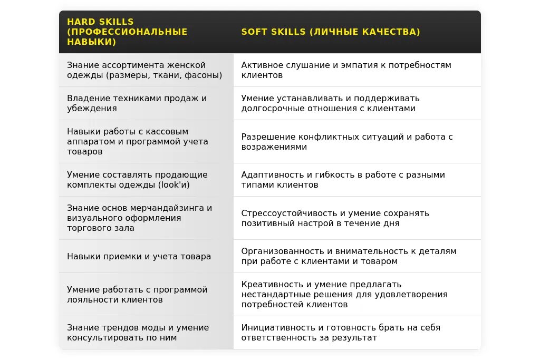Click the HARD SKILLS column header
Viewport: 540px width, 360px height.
(127, 32)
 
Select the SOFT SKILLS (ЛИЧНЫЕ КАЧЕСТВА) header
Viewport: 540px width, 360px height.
(331, 32)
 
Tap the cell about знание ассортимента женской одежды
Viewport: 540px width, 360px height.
(144, 70)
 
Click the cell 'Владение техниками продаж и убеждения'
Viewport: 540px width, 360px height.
(137, 103)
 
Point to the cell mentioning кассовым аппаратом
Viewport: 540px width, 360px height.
(138, 141)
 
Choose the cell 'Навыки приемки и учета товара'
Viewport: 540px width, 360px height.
(139, 257)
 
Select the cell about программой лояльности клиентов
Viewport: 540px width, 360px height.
(137, 295)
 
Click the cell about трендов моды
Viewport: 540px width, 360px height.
(138, 333)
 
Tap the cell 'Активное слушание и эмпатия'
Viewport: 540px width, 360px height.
(346, 70)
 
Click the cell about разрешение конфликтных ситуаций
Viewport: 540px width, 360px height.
(347, 142)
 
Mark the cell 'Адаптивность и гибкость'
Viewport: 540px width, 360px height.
(343, 180)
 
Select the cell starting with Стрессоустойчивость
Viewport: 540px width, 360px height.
(335, 218)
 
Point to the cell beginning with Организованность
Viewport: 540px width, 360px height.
(349, 256)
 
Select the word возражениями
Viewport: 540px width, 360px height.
(274, 147)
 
